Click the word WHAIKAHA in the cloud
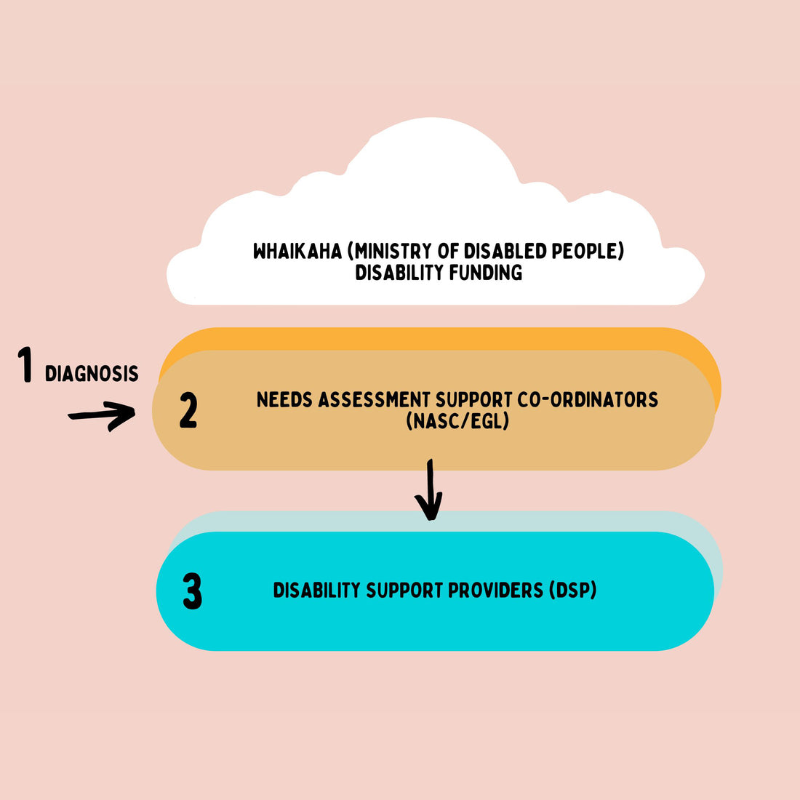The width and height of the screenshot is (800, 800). (x=297, y=251)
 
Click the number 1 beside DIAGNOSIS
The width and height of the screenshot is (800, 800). (x=26, y=365)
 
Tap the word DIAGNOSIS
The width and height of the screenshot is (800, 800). (x=92, y=374)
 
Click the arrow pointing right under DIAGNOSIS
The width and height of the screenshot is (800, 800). (x=102, y=415)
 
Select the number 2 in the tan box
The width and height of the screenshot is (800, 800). (x=188, y=411)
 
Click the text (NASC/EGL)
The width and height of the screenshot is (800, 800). (x=457, y=420)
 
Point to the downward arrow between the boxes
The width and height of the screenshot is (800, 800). (x=430, y=490)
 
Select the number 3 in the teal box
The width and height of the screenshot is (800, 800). (x=192, y=592)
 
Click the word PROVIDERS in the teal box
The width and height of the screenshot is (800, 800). (x=495, y=590)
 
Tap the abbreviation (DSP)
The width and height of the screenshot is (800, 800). (x=573, y=590)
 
